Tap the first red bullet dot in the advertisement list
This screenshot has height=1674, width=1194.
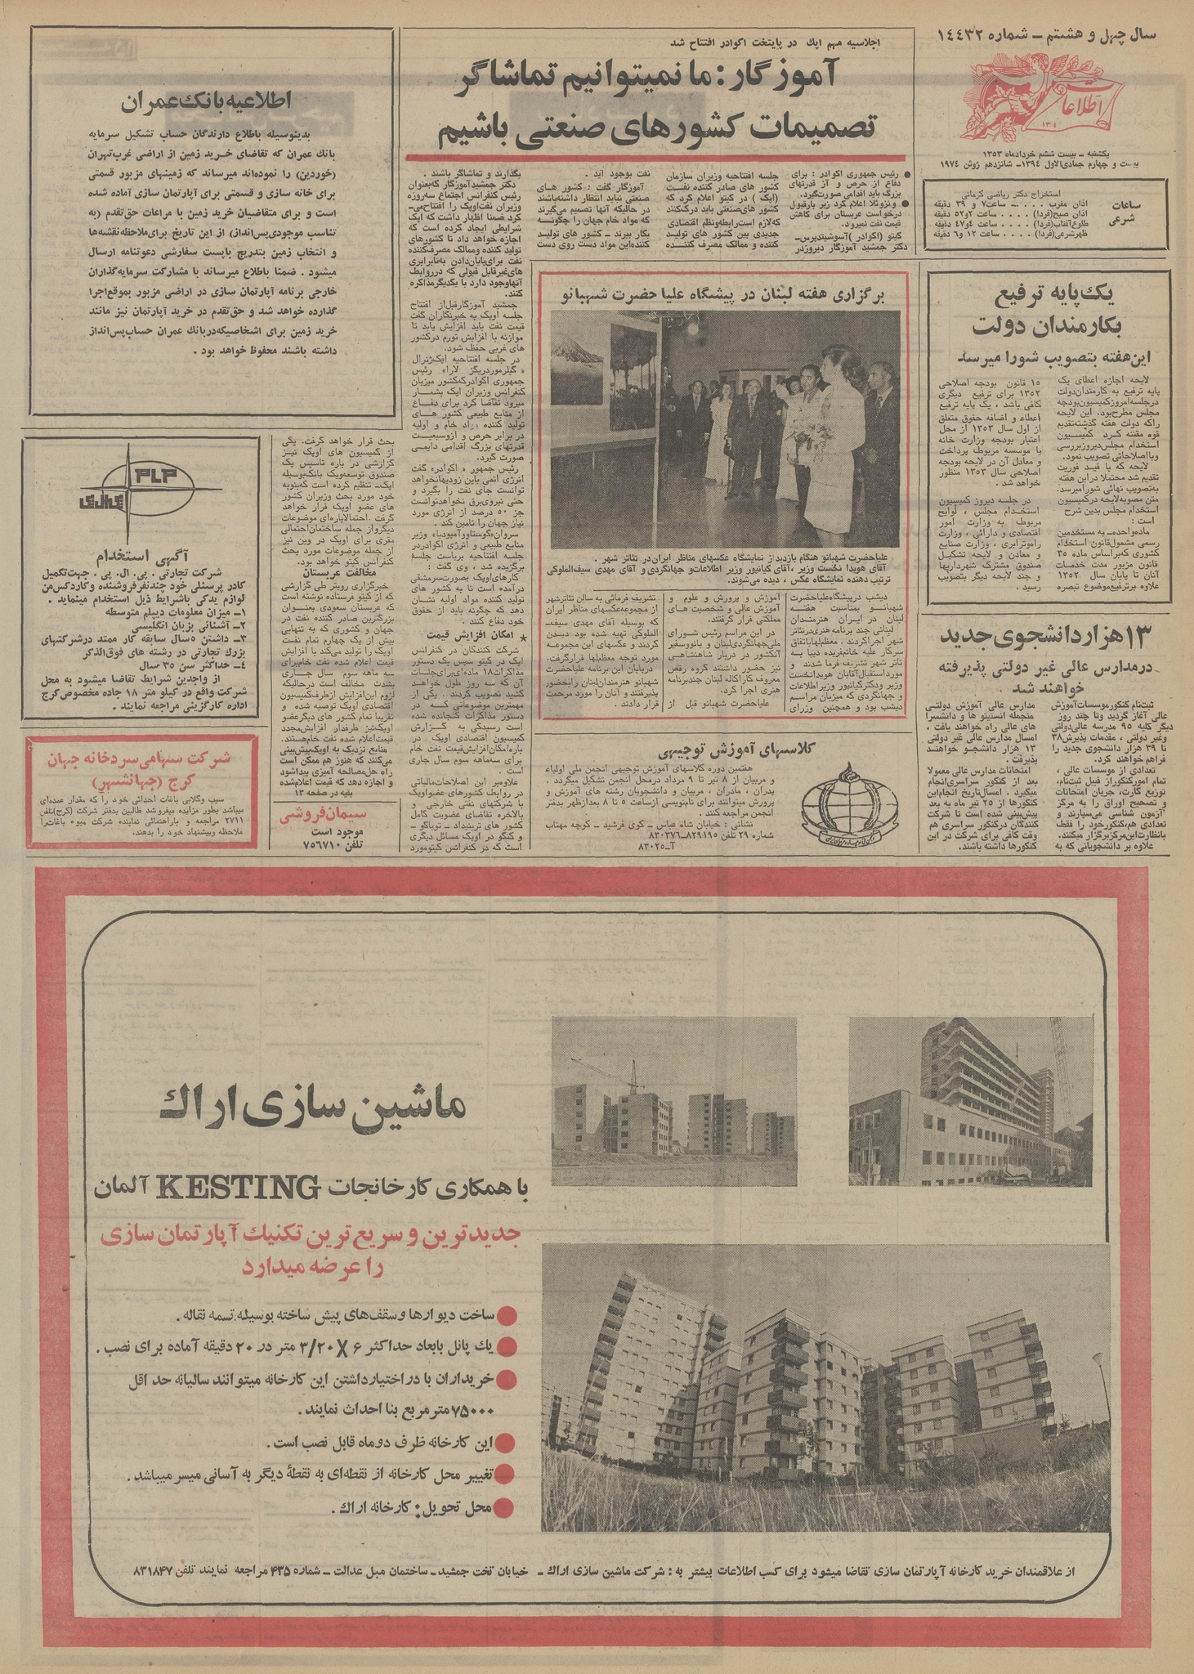pos(509,1315)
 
